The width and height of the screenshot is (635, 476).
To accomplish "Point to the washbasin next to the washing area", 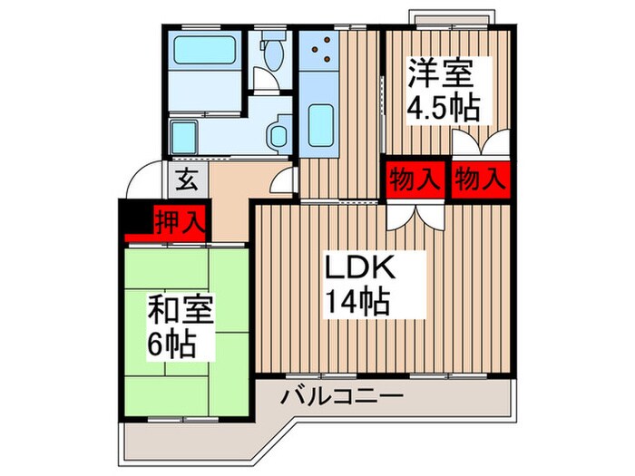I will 278,136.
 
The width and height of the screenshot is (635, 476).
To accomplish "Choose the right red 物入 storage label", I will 478,178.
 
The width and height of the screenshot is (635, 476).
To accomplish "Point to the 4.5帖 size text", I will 442,109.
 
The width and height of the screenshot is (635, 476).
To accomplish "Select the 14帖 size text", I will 358,300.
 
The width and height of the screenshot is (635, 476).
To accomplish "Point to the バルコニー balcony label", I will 341,396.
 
